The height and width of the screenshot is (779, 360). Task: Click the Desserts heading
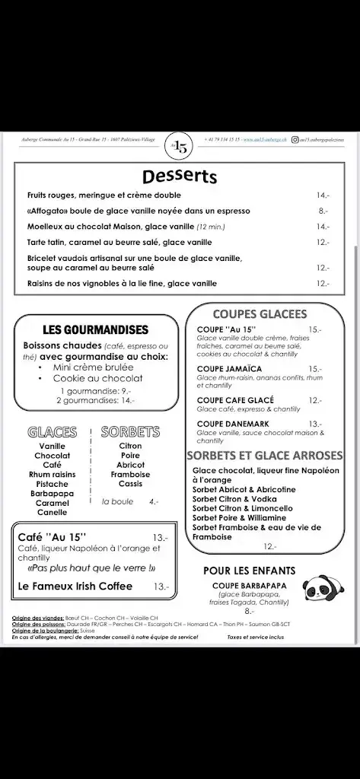click(179, 176)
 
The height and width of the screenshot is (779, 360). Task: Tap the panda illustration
click(320, 588)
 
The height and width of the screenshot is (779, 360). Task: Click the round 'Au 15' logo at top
click(179, 147)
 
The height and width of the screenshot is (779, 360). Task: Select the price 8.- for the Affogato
click(323, 211)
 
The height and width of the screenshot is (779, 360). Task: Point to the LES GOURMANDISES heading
click(95, 329)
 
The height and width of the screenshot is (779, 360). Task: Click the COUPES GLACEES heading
click(260, 313)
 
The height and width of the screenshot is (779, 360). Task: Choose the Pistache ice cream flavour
click(52, 484)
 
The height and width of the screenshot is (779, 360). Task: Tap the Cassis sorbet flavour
click(130, 484)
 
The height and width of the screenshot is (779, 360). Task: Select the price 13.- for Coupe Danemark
click(315, 424)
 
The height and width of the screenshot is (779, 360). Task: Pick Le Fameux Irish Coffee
click(75, 586)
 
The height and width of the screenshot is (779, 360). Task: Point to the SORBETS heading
click(130, 431)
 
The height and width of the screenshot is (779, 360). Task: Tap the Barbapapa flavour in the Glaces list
click(52, 493)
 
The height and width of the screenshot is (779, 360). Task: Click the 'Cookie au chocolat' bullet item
click(97, 377)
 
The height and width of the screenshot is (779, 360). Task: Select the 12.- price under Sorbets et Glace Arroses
click(269, 546)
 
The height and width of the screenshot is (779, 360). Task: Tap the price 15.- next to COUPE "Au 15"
click(315, 329)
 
